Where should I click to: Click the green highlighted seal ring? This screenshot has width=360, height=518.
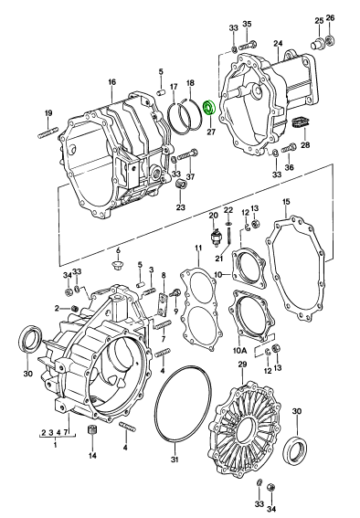click(209, 108)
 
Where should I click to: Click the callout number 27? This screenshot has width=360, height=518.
click(211, 132)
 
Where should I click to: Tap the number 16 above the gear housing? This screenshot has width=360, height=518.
click(112, 82)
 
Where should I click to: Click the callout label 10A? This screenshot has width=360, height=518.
click(239, 351)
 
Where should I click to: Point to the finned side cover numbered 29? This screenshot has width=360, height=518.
click(245, 428)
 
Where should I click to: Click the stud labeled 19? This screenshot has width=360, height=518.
click(48, 132)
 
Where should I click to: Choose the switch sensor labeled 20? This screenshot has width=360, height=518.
click(216, 235)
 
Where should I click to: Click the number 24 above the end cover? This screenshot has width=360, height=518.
click(278, 43)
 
